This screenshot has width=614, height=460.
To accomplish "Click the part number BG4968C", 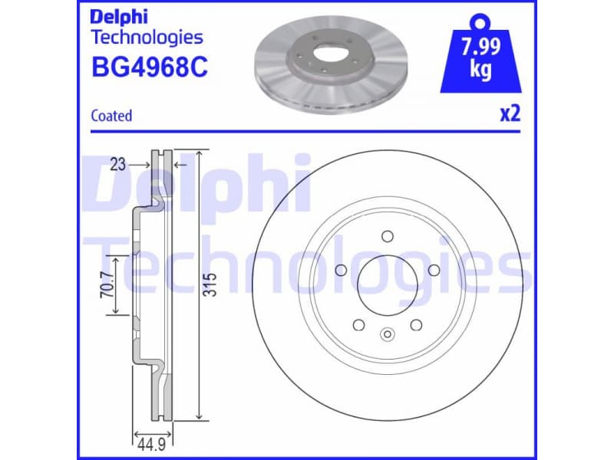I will tap(150, 68).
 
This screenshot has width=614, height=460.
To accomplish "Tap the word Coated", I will tap(111, 116).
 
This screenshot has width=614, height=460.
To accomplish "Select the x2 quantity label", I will tap(510, 114).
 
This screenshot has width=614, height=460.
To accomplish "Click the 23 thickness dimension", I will tap(117, 163).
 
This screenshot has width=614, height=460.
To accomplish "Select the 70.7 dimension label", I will tap(108, 285).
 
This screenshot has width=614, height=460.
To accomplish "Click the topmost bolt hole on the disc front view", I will tap(387, 236).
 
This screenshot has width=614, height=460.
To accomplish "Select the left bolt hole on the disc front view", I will tap(339, 269).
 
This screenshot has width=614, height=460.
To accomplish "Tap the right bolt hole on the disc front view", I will tap(434, 269).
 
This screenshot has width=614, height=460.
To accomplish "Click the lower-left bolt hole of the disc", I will tap(358, 325).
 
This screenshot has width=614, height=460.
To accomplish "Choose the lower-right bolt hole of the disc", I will tap(416, 325).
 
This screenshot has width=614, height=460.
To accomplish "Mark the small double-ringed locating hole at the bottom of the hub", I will tap(387, 333).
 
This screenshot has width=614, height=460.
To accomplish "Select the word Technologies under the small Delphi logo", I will tap(147, 37).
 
